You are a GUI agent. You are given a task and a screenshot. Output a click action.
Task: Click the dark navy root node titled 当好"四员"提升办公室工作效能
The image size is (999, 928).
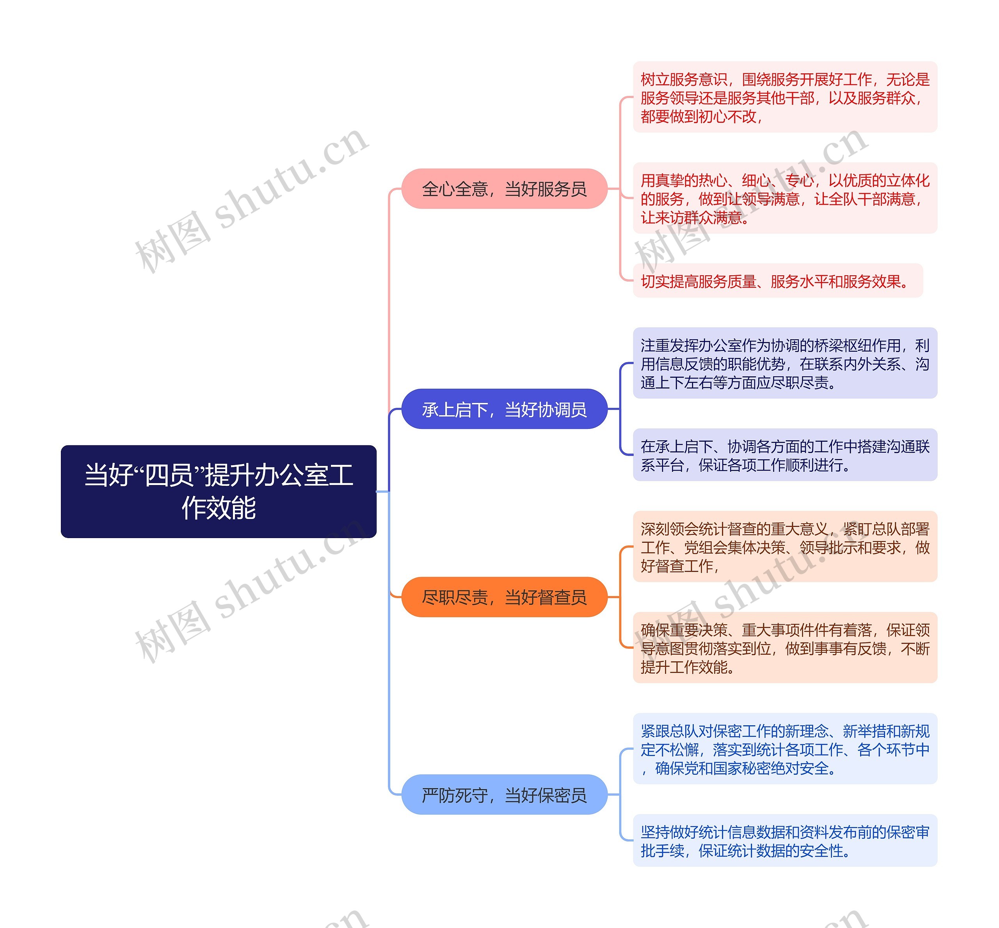pyautogui.click(x=219, y=491)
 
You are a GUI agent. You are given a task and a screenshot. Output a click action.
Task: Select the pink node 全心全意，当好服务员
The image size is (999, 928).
pyautogui.click(x=504, y=189)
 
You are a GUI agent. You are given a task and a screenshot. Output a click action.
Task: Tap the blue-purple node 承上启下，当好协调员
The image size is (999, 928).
pyautogui.click(x=504, y=409)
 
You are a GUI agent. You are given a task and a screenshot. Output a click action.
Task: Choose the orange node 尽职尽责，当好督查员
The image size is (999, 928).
pyautogui.click(x=504, y=597)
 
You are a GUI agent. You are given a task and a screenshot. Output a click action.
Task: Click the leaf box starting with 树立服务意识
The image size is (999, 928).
pyautogui.click(x=784, y=97)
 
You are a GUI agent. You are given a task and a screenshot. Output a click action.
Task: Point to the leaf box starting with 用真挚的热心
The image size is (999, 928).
pyautogui.click(x=784, y=198)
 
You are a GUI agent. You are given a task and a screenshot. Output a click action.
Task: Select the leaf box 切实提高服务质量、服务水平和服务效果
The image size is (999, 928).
pyautogui.click(x=777, y=281)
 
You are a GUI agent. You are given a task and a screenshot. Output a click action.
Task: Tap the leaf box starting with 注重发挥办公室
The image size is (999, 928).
pyautogui.click(x=784, y=363)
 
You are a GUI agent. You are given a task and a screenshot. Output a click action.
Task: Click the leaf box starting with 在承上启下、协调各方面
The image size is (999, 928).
pyautogui.click(x=784, y=455)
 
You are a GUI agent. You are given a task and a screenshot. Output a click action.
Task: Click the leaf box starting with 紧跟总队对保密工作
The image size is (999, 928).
pyautogui.click(x=784, y=749)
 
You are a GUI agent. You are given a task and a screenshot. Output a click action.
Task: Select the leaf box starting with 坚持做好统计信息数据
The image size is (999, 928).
pyautogui.click(x=784, y=841)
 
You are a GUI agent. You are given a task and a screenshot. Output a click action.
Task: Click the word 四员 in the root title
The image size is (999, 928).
pyautogui.click(x=169, y=475)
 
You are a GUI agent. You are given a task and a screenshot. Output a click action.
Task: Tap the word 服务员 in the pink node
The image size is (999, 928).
pyautogui.click(x=562, y=189)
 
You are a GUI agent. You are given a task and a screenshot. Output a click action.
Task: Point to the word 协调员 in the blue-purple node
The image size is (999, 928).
pyautogui.click(x=562, y=409)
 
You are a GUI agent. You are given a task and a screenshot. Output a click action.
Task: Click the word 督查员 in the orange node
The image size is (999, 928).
pyautogui.click(x=562, y=597)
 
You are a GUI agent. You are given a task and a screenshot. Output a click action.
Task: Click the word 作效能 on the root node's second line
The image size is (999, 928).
pyautogui.click(x=219, y=508)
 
